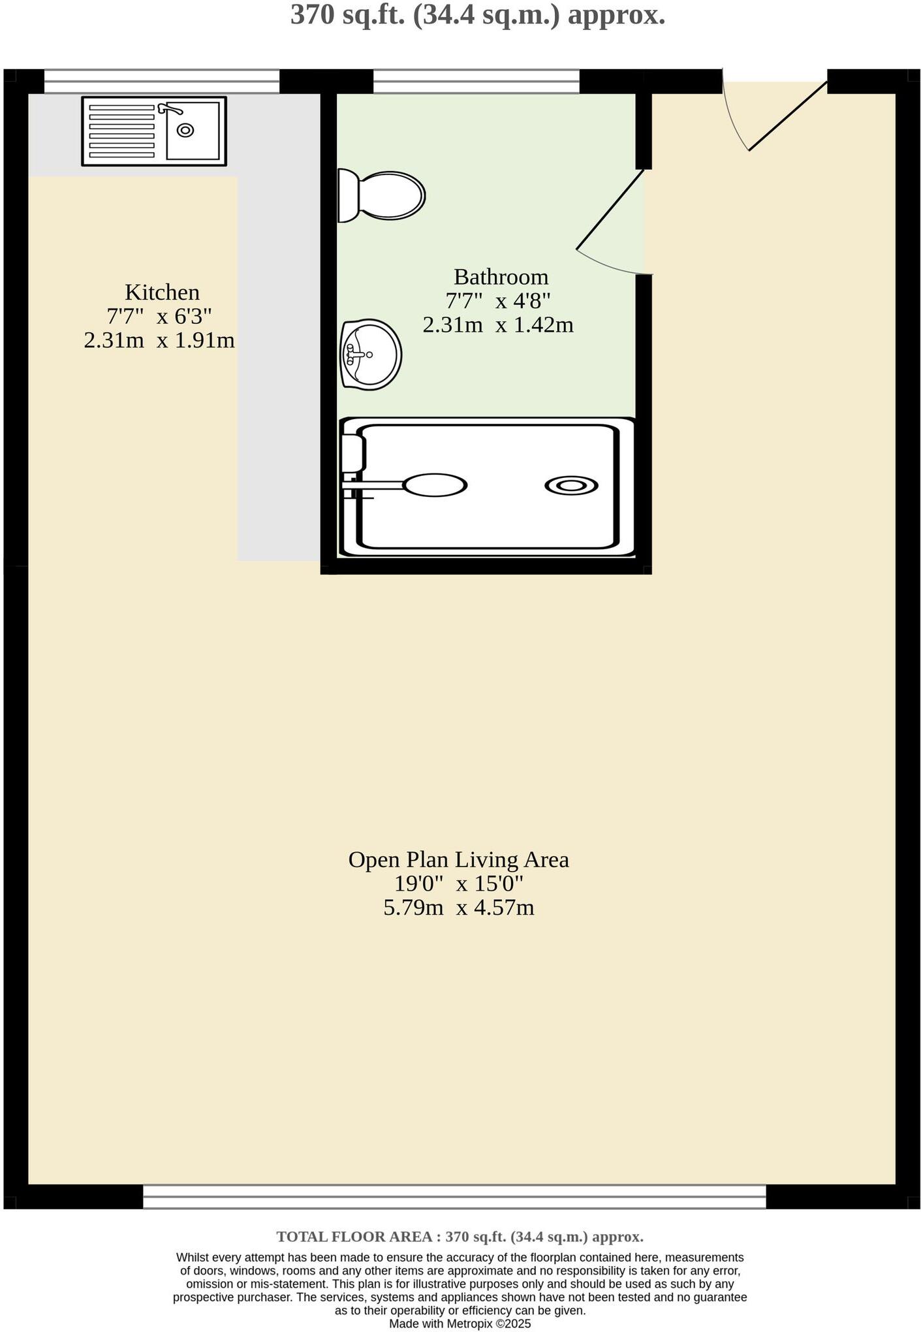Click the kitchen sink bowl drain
(185, 131)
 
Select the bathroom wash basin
(371, 355)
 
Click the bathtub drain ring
(571, 486)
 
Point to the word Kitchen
(162, 292)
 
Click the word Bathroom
(501, 277)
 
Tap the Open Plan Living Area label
(458, 859)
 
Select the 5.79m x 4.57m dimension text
(458, 908)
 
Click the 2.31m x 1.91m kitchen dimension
(159, 340)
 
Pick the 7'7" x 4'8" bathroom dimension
(497, 301)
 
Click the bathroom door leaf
(610, 210)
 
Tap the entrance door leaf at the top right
(788, 116)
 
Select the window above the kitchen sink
(161, 82)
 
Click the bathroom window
(476, 82)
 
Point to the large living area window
(454, 1197)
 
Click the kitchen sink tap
(171, 108)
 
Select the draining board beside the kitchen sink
(122, 131)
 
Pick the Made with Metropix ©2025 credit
(460, 1324)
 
